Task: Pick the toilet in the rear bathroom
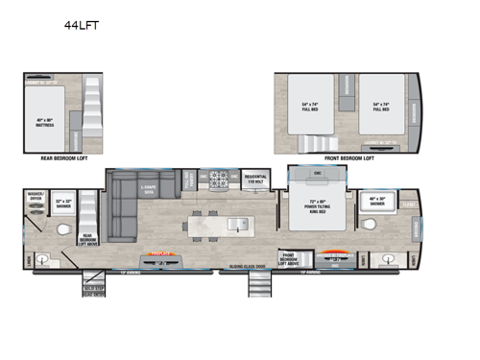point(63,231)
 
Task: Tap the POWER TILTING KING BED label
point(319,204)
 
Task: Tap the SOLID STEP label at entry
point(93,287)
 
